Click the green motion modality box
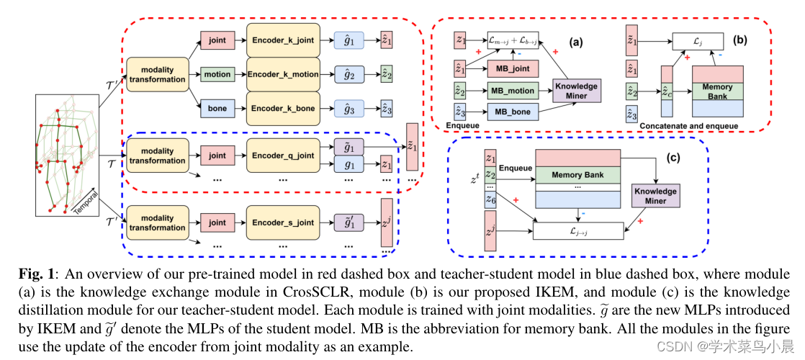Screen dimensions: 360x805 pyautogui.click(x=217, y=74)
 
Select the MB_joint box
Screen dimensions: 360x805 pyautogui.click(x=513, y=69)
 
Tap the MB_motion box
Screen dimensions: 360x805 pyautogui.click(x=513, y=91)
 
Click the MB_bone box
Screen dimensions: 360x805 pyautogui.click(x=513, y=112)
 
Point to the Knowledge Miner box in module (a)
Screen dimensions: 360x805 pyautogui.click(x=575, y=91)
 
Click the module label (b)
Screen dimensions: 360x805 pyautogui.click(x=739, y=41)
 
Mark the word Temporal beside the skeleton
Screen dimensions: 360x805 pyautogui.click(x=86, y=204)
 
